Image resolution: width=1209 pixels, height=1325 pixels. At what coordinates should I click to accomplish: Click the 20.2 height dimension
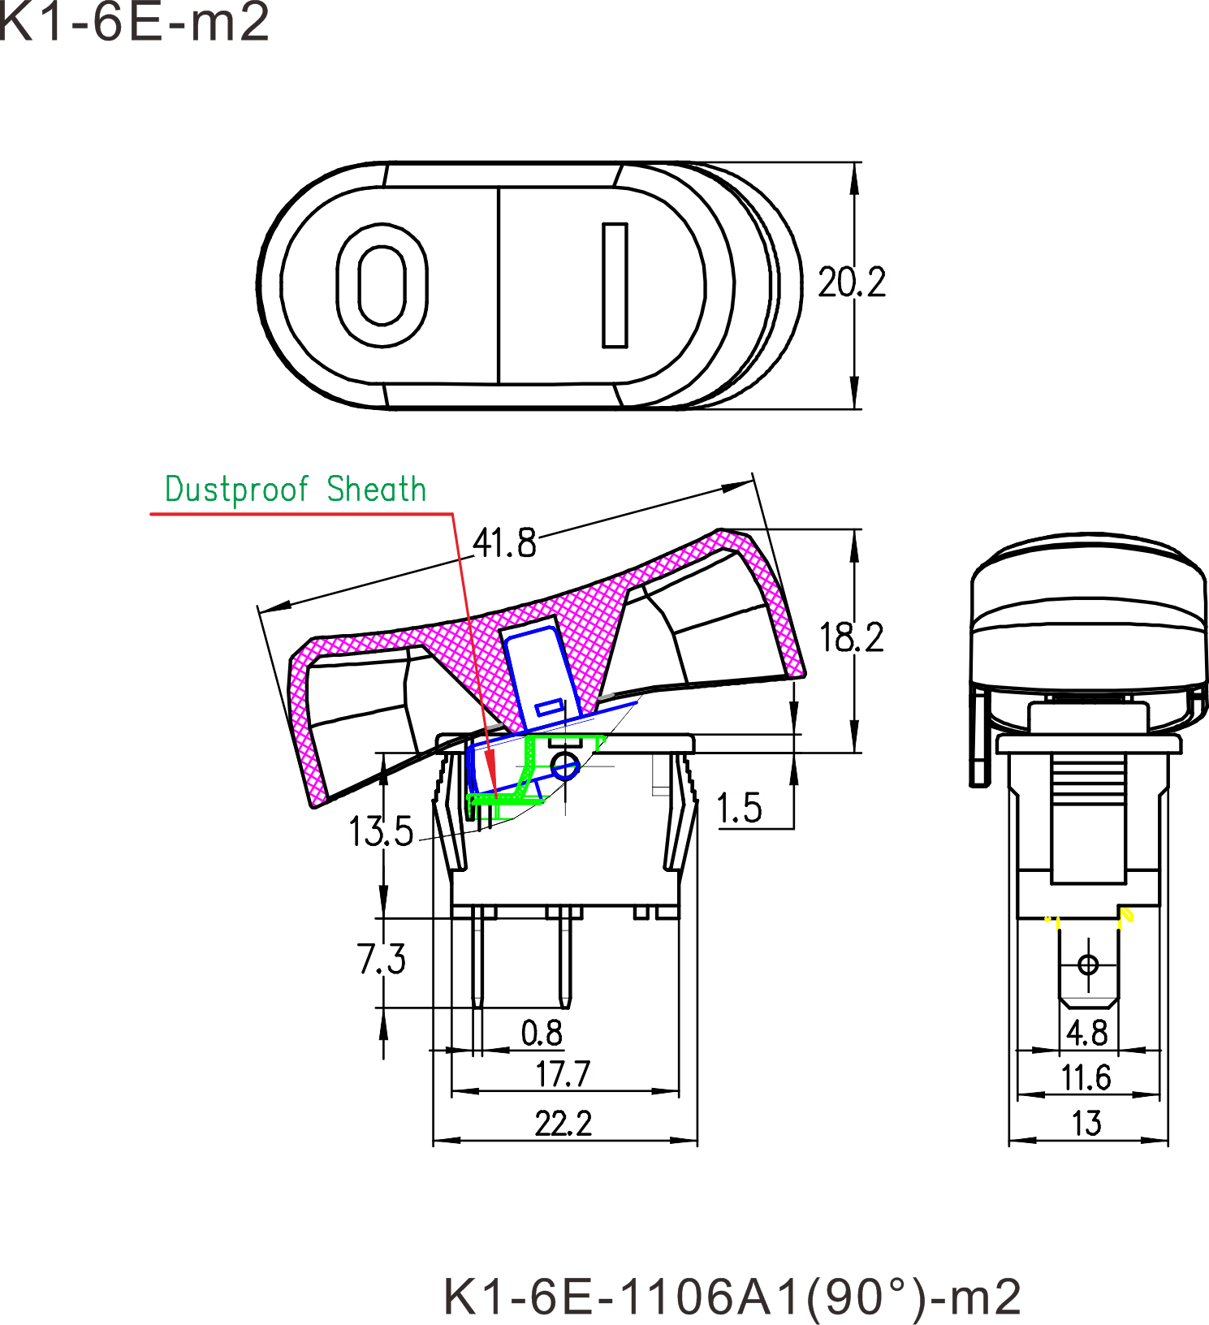point(851,283)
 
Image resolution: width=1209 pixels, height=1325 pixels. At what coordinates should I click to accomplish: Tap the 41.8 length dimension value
point(504,542)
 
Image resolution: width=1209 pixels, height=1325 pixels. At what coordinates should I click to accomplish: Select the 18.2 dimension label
point(852,638)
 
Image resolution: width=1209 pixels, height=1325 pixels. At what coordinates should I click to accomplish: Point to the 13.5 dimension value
point(381,832)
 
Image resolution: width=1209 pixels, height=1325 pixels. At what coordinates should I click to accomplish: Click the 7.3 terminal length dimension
point(381,960)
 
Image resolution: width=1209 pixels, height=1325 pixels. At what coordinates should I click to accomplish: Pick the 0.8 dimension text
point(542,1034)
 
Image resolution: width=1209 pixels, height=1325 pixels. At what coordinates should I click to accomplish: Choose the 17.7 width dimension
point(563,1075)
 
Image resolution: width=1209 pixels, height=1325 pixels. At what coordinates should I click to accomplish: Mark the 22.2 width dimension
point(563,1124)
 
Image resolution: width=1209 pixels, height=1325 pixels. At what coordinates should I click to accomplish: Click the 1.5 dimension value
point(740,809)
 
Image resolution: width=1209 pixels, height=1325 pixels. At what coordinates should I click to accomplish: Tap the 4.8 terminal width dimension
point(1086,1034)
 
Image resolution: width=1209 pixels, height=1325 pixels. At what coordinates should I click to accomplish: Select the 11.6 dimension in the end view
point(1086,1078)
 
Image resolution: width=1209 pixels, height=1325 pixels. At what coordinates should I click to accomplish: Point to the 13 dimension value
point(1086,1124)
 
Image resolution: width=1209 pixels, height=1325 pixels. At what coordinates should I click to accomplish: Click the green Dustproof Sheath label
point(296,490)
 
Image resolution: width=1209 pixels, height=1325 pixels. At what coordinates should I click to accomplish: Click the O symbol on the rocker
point(382,285)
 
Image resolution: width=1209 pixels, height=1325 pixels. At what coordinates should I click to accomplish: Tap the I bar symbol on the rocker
point(615,285)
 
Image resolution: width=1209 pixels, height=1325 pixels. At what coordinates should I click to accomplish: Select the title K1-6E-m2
point(134,22)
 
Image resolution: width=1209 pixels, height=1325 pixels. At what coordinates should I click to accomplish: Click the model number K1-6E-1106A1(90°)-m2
point(732,1297)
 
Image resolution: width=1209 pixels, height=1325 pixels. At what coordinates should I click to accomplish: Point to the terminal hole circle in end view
point(1088,965)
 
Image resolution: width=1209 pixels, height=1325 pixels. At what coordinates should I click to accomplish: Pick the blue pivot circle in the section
point(565,766)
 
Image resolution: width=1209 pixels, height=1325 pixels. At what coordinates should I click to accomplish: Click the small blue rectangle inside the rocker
point(549,707)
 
